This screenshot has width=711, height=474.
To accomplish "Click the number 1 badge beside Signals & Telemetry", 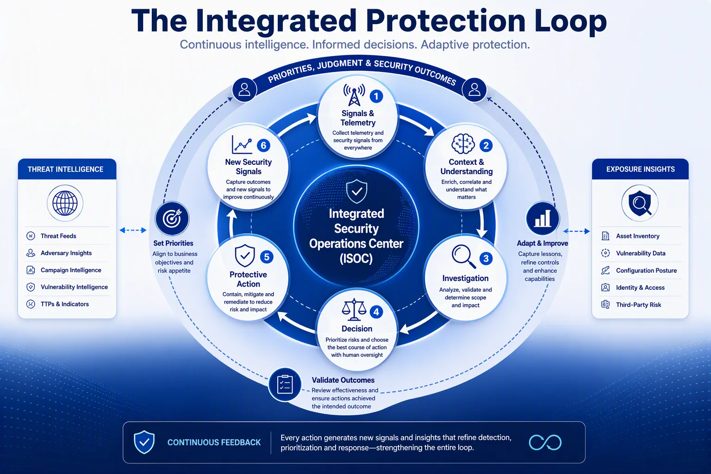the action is [376, 96].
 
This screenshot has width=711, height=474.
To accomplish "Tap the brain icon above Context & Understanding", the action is [463, 144].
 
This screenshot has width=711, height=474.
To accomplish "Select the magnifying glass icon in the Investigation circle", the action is [464, 256].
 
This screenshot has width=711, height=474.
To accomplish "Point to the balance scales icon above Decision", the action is [354, 310].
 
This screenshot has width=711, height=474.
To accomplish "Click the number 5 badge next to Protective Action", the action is [267, 257].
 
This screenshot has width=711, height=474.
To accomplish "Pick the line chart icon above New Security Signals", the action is [242, 144].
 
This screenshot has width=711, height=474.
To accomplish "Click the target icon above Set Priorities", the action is [172, 218].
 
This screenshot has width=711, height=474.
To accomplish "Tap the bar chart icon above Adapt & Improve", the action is [543, 218].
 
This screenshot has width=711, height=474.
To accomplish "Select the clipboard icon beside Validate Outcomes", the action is [285, 385].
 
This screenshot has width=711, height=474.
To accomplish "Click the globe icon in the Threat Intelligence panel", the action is [65, 203].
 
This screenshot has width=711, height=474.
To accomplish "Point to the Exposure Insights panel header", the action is [640, 169].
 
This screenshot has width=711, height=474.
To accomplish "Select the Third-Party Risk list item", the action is [631, 305].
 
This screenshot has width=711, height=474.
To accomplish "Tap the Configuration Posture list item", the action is [639, 270].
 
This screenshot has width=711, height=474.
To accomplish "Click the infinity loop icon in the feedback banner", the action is [545, 442].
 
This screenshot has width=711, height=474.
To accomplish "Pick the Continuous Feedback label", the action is [214, 443].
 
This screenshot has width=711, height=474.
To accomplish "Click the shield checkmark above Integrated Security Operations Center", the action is [357, 191].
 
